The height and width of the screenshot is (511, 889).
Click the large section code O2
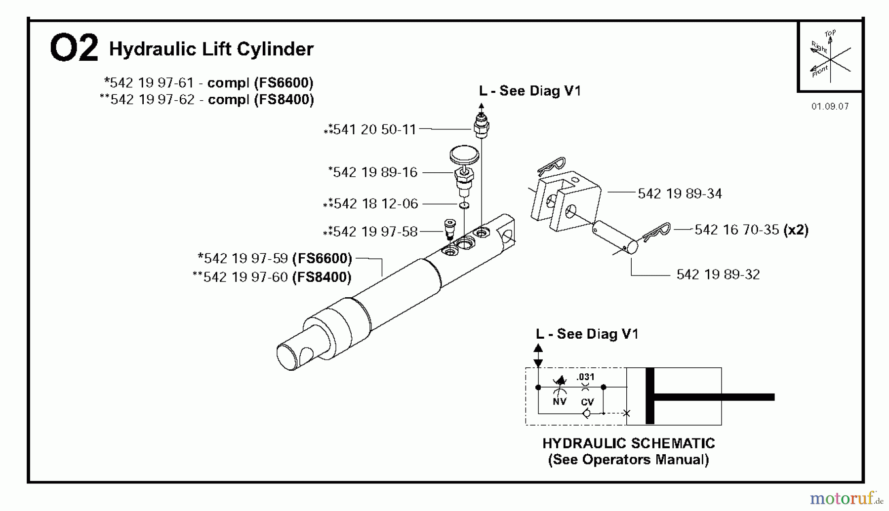coord(74,48)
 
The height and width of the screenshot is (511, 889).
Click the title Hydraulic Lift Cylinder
coord(211,49)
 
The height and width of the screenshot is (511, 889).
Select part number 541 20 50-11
coord(374,129)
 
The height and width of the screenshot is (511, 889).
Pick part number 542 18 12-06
coord(375,203)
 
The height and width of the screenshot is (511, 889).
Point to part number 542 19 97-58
coord(375,232)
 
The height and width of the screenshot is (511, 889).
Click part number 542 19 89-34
coord(680,194)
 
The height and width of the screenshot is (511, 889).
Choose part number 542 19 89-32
coord(718,275)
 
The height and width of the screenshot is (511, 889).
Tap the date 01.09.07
coord(830,106)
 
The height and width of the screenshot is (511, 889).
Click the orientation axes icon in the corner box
coord(830,56)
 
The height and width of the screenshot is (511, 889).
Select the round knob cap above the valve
coord(464,155)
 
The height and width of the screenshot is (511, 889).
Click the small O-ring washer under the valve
coord(464,205)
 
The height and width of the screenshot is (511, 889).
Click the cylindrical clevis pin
coord(615,237)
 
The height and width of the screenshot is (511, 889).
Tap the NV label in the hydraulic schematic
coord(559,402)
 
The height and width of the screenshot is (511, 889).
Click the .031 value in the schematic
coord(585,377)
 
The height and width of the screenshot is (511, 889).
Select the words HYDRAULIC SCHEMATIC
coord(628,443)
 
